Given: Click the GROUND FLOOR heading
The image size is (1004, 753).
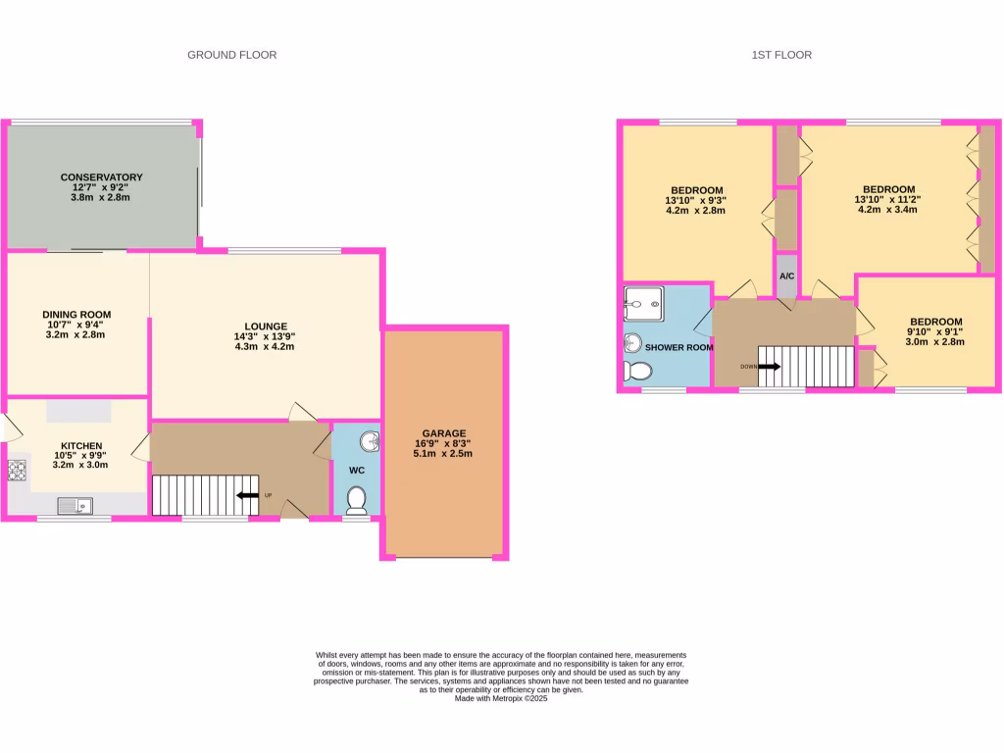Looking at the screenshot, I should tap(231, 55).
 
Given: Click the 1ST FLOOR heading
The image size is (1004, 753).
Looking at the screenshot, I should tap(775, 55).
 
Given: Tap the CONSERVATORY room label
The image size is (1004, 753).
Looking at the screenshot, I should tap(101, 177).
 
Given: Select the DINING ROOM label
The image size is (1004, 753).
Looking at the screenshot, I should tap(76, 315).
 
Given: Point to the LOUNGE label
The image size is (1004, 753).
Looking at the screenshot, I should tap(266, 326).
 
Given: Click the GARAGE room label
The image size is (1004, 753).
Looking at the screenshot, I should tap(444, 432).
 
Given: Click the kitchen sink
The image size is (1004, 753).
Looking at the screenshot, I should tap(75, 506).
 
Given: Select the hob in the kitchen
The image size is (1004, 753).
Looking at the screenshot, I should tap(19, 472).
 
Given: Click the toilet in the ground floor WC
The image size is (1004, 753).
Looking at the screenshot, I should tap(357, 500).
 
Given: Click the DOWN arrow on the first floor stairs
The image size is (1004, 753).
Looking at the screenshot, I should tap(769, 367).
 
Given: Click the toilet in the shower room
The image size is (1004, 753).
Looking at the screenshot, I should tap(637, 371).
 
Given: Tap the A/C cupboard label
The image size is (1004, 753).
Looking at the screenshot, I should tap(786, 276).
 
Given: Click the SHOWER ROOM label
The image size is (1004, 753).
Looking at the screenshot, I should tap(678, 347).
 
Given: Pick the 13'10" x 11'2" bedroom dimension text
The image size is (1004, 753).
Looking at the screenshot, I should tap(888, 199).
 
